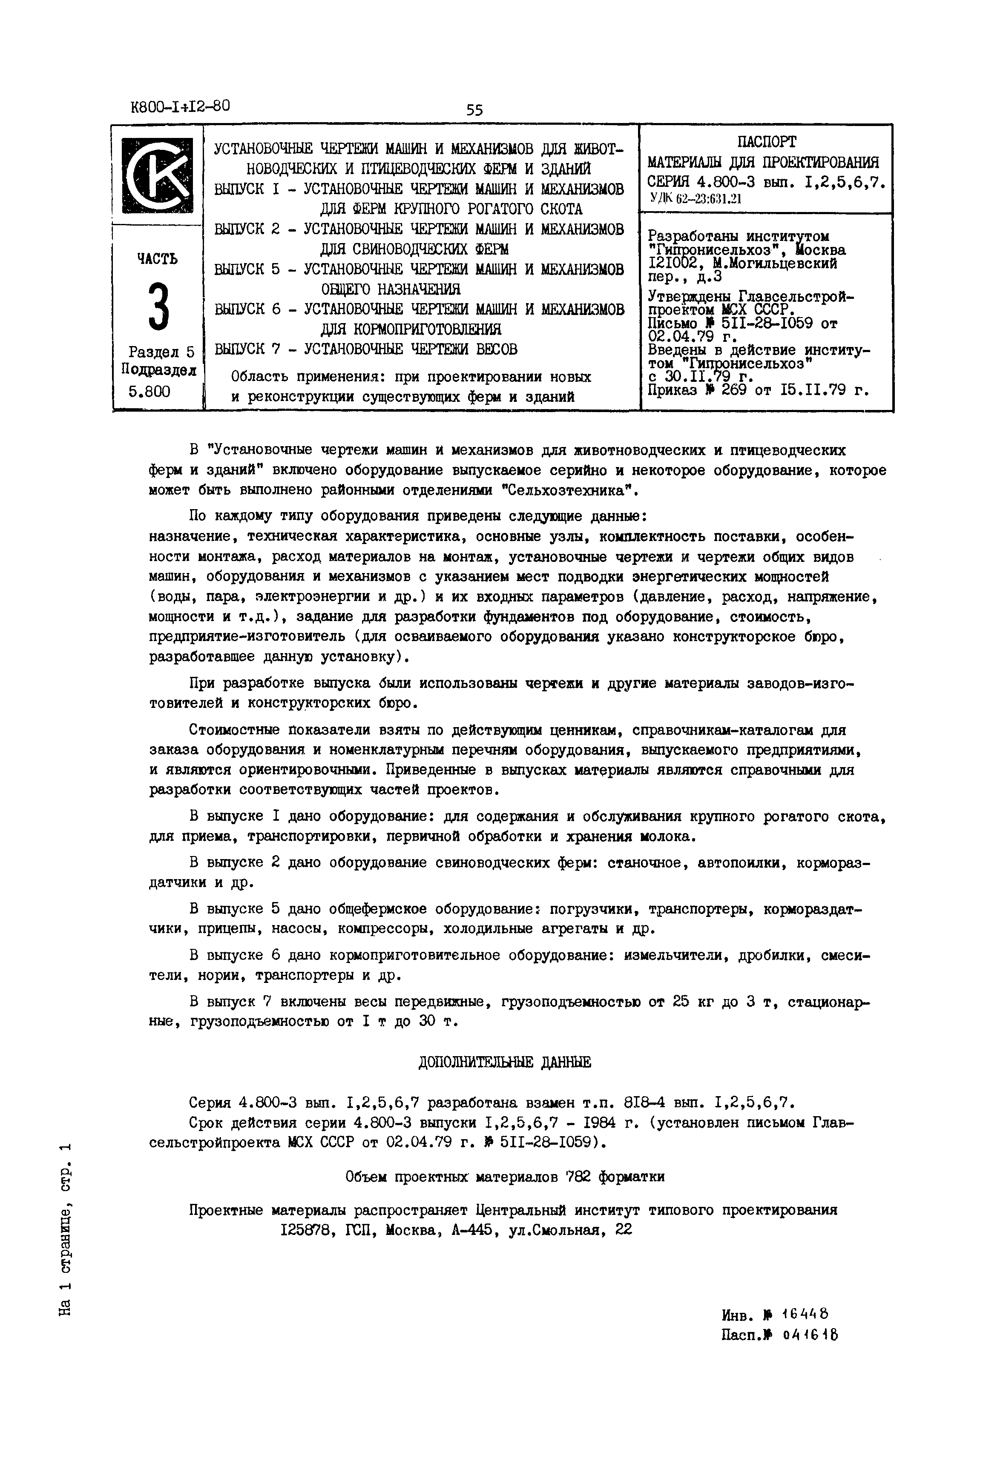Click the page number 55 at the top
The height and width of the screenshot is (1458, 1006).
[x=474, y=110]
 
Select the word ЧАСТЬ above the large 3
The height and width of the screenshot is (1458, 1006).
[x=158, y=259]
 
